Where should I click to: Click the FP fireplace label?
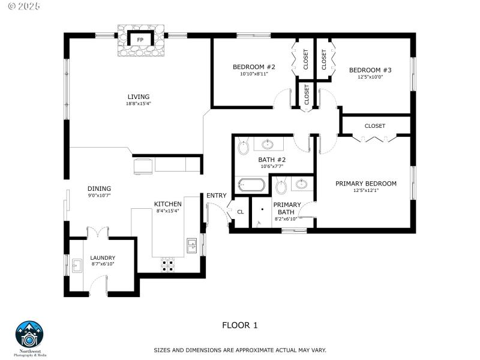click(140, 40)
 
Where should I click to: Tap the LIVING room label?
click(138, 97)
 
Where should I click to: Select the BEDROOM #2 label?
click(254, 67)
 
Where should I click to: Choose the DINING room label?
click(99, 188)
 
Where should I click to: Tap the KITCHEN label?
click(167, 204)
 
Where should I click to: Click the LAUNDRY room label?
click(103, 258)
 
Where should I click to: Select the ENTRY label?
click(217, 196)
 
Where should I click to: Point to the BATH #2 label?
click(272, 160)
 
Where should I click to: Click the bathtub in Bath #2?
click(251, 185)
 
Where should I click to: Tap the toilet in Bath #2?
click(244, 146)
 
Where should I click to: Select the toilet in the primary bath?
click(281, 188)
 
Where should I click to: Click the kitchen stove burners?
click(168, 265)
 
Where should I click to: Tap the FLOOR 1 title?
click(239, 325)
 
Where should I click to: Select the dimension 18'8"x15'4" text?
click(138, 104)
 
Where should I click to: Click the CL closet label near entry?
click(241, 211)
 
